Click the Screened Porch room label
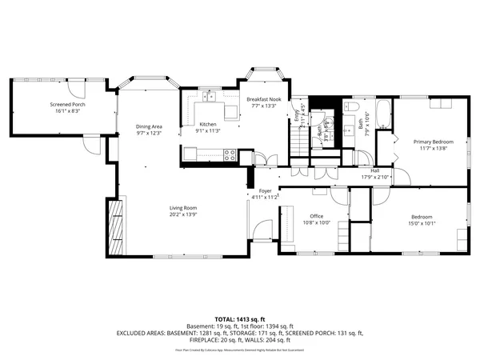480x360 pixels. click(67, 105)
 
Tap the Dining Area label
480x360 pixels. click(149, 126)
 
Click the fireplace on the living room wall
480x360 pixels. click(116, 227)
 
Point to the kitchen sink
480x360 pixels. click(212, 98)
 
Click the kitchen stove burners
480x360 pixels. click(230, 154)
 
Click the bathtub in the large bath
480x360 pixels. click(382, 116)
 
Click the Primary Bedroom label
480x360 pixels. click(433, 142)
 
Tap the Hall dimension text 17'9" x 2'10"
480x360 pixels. click(374, 176)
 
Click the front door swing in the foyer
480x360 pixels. click(260, 232)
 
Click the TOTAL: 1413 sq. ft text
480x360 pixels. click(239, 318)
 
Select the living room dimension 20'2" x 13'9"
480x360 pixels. click(183, 214)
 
